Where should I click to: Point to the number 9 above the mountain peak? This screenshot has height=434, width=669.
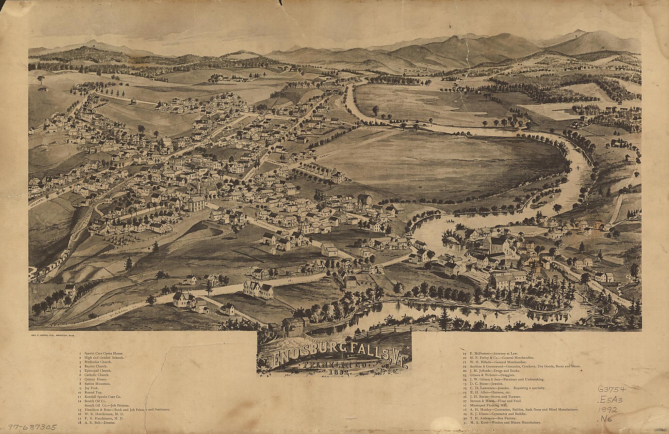point(576,36)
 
